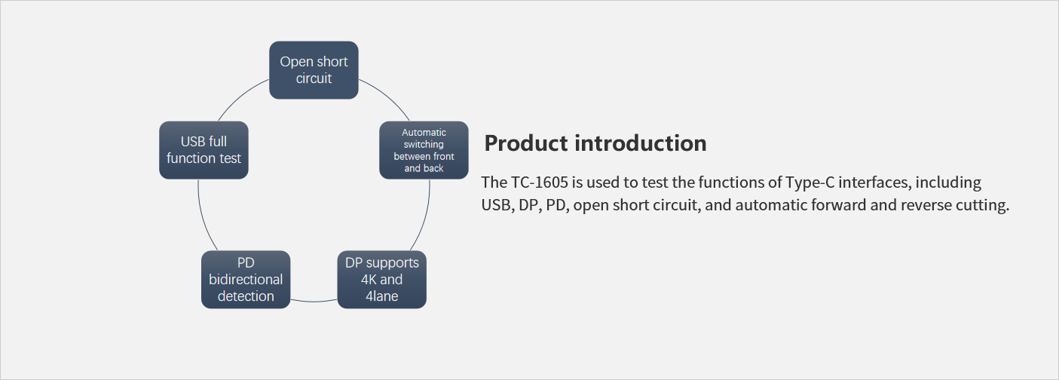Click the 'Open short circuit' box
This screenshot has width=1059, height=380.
[314, 70]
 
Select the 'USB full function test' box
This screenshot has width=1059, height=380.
[204, 150]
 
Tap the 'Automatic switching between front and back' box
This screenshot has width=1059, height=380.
[424, 150]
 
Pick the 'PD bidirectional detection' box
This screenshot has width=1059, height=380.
[246, 279]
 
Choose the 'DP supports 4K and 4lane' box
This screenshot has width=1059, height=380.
[381, 279]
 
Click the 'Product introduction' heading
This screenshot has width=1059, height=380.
[595, 143]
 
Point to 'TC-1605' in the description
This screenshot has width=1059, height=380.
[539, 182]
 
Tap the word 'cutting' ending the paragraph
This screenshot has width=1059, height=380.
[983, 205]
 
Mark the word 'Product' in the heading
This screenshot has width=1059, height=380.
[526, 143]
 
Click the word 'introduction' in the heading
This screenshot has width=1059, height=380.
[641, 143]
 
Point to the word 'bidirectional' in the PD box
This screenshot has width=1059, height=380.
[246, 279]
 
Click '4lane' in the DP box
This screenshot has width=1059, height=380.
[381, 296]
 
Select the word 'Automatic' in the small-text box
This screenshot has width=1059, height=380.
[424, 133]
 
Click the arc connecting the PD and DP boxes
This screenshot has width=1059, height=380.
[314, 302]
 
